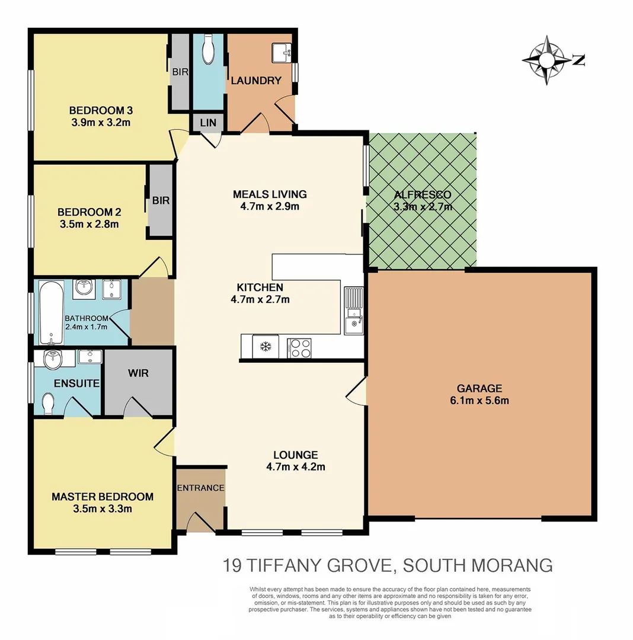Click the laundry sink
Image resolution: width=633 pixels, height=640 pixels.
tap(281, 53)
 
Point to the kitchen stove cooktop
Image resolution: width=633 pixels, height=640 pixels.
tap(300, 347)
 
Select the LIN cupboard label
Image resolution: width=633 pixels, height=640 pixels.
tap(208, 123)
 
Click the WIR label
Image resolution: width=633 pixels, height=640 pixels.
tap(138, 374)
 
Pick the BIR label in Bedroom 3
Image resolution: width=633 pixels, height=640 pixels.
tap(180, 72)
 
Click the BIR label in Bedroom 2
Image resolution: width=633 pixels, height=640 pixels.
tap(161, 200)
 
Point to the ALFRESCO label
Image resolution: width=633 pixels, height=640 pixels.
tap(422, 194)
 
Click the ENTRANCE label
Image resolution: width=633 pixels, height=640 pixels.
tap(201, 488)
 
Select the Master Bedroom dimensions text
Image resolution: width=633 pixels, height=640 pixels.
tap(102, 508)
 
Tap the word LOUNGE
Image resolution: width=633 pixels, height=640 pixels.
tap(295, 455)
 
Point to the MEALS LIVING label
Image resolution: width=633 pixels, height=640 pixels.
tap(269, 194)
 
